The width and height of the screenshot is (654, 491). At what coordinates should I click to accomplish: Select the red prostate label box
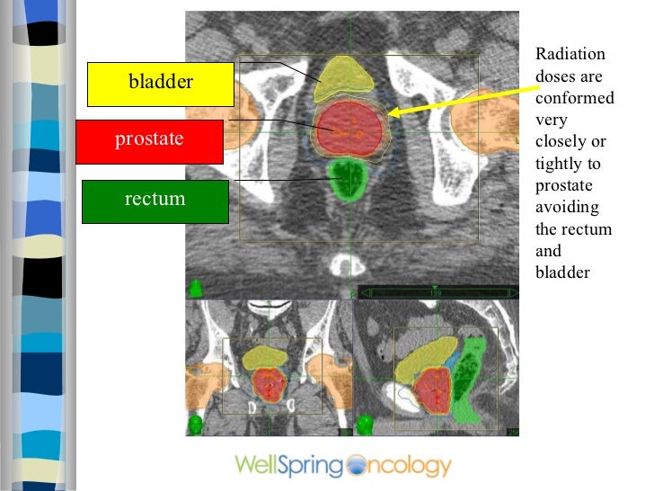[x=149, y=140]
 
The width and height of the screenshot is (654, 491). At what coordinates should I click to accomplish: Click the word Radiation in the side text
[x=570, y=54]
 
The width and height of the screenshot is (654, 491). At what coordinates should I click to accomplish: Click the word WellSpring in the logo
[x=288, y=466]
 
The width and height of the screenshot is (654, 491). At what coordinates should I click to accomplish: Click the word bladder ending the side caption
[x=561, y=272]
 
